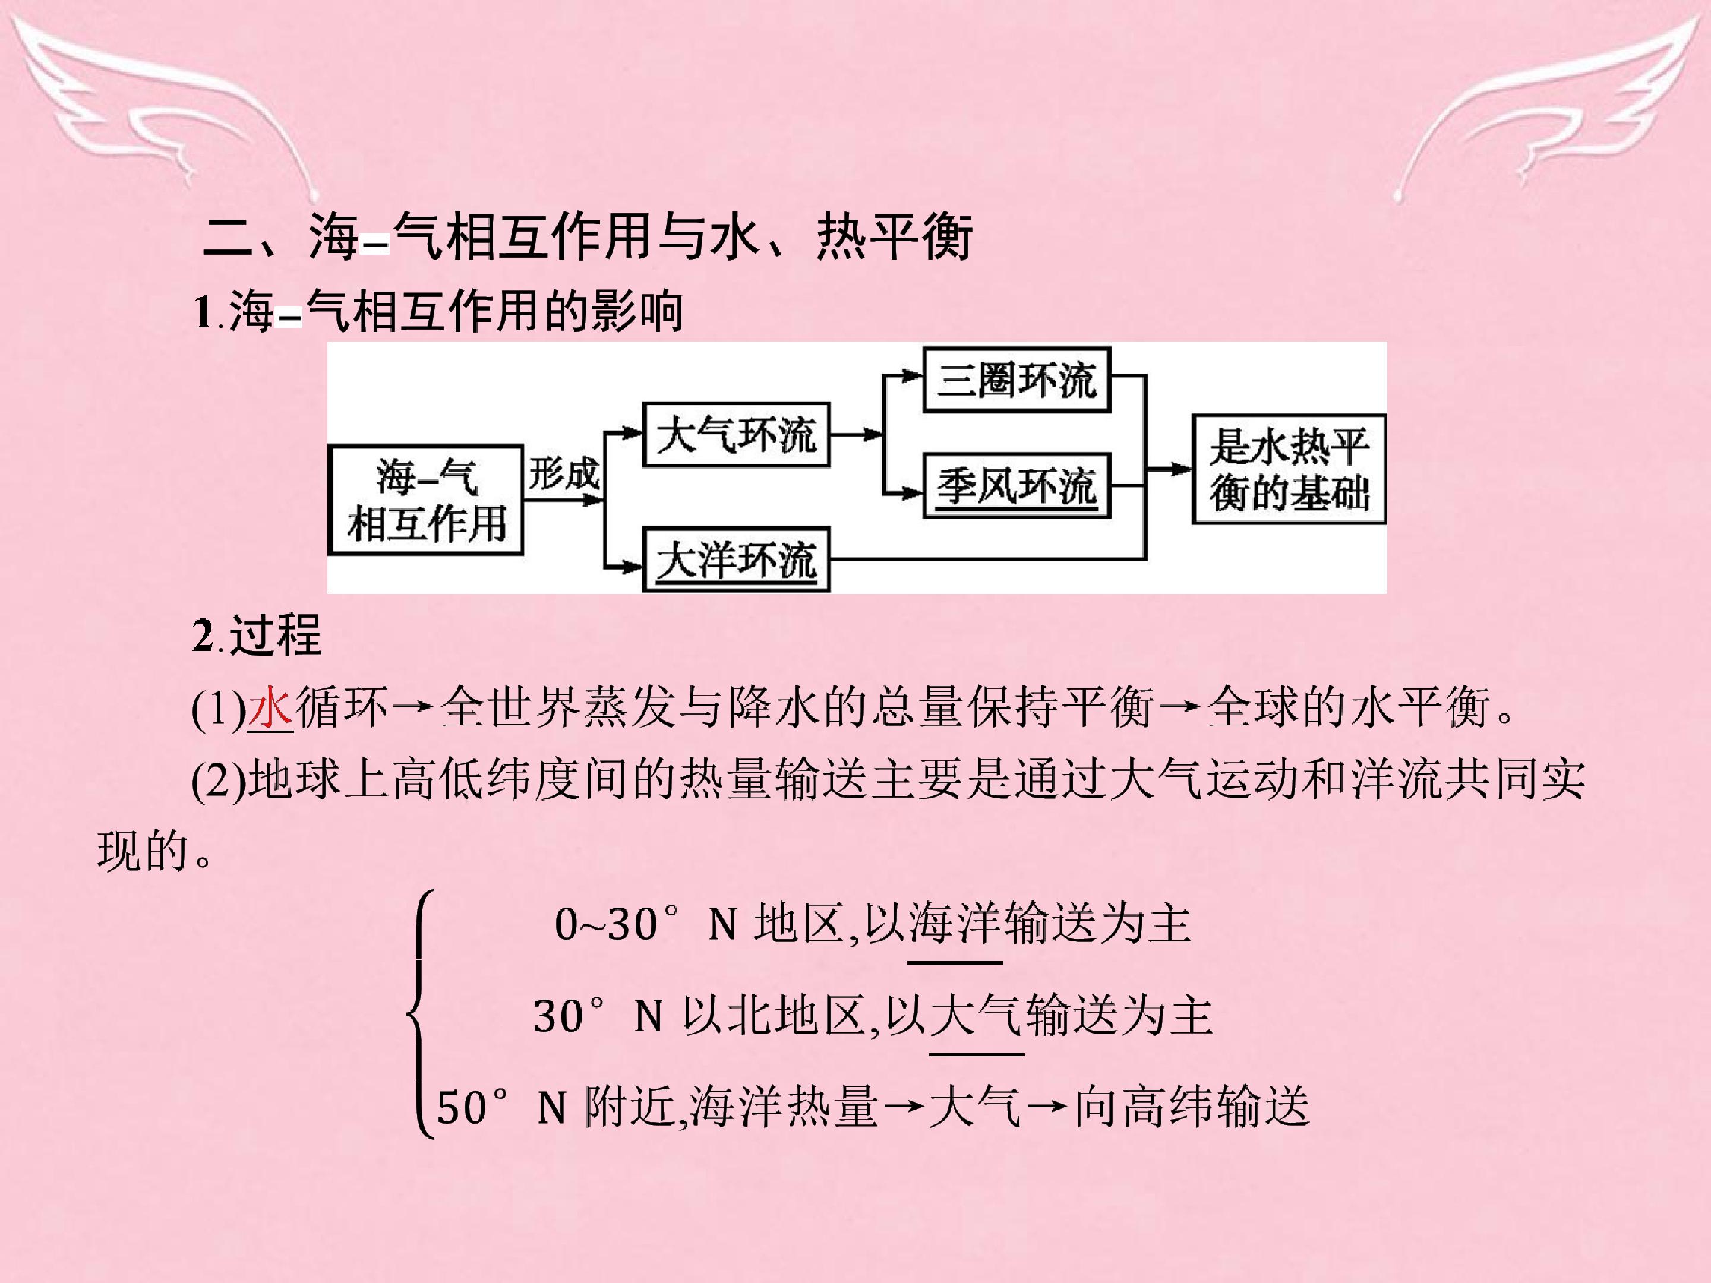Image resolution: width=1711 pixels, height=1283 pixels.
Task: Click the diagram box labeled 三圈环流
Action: (x=1017, y=379)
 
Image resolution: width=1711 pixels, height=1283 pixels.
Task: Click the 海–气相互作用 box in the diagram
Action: (x=426, y=500)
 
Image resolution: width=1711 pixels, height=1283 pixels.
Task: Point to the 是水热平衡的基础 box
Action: (x=1289, y=469)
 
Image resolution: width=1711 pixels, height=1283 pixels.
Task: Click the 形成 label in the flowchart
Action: (x=563, y=473)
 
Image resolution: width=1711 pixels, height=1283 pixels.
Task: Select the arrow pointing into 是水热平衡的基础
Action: (x=1169, y=469)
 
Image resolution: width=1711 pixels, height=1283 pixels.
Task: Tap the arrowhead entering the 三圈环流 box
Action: (x=914, y=376)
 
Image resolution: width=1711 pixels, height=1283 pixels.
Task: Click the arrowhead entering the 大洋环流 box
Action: (x=632, y=567)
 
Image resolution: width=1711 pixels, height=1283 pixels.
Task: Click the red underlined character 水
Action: (x=270, y=707)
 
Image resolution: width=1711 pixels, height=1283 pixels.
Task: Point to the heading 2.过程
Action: (x=257, y=635)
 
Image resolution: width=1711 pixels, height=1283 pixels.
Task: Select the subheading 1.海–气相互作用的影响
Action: (x=438, y=312)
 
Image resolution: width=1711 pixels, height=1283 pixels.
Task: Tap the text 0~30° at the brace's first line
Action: (x=617, y=924)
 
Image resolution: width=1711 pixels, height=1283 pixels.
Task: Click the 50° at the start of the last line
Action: (x=473, y=1107)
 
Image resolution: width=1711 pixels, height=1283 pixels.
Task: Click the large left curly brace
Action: (x=420, y=1014)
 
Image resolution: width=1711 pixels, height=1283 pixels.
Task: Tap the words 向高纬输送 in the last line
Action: (x=1192, y=1107)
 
